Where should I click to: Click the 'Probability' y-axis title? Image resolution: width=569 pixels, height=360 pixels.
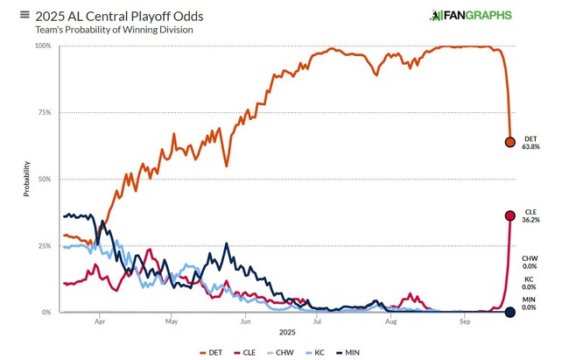[26, 179]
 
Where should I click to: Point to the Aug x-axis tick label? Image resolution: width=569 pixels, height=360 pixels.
[390, 321]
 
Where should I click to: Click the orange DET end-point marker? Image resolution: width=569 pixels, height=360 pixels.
[510, 142]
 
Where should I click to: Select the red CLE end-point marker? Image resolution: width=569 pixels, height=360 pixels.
[510, 215]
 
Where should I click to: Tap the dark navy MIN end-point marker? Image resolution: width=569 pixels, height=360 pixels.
[510, 312]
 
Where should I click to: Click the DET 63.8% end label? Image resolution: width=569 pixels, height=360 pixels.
[530, 143]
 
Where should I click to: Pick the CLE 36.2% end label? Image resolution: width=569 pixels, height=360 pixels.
[530, 215]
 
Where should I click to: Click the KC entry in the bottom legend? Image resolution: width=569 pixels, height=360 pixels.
[320, 352]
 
